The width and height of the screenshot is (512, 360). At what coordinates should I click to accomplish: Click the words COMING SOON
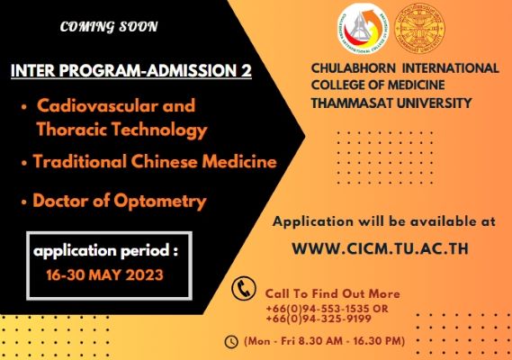109,27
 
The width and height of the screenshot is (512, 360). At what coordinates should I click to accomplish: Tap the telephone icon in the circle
243,288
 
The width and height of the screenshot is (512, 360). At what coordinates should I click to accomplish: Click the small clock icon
231,342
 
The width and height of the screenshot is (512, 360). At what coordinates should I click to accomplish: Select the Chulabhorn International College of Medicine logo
364,29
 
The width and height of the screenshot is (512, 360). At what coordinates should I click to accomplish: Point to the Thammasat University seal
419,29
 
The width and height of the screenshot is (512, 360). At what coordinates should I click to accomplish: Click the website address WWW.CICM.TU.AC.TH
380,248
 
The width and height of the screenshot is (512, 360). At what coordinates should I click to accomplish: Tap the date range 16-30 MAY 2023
104,274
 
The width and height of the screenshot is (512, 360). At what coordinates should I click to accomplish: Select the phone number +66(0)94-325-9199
319,319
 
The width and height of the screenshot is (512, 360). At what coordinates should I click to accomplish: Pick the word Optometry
160,202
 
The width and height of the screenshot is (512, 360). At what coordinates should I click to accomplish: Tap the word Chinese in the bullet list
165,161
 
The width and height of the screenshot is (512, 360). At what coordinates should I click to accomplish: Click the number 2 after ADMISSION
247,70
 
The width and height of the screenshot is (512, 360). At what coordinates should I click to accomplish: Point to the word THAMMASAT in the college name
351,103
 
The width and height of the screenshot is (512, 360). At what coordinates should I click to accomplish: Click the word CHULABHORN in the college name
354,68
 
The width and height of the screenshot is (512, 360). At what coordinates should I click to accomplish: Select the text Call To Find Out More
332,293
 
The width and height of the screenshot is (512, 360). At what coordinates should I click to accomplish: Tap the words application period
101,251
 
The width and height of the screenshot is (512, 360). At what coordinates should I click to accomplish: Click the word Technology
160,130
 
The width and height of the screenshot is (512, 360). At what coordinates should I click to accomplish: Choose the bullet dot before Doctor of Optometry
23,202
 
